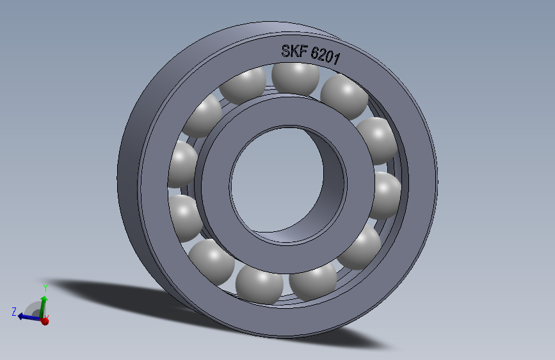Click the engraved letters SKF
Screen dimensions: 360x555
(294, 52)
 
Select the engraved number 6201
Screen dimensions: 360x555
(325, 56)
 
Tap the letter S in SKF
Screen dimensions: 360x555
(286, 51)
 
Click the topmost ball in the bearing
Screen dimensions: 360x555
(295, 76)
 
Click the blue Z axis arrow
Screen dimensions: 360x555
(27, 316)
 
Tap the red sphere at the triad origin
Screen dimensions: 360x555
(45, 320)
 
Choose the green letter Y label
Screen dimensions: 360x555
(45, 287)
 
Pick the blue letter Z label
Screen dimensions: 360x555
(13, 312)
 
